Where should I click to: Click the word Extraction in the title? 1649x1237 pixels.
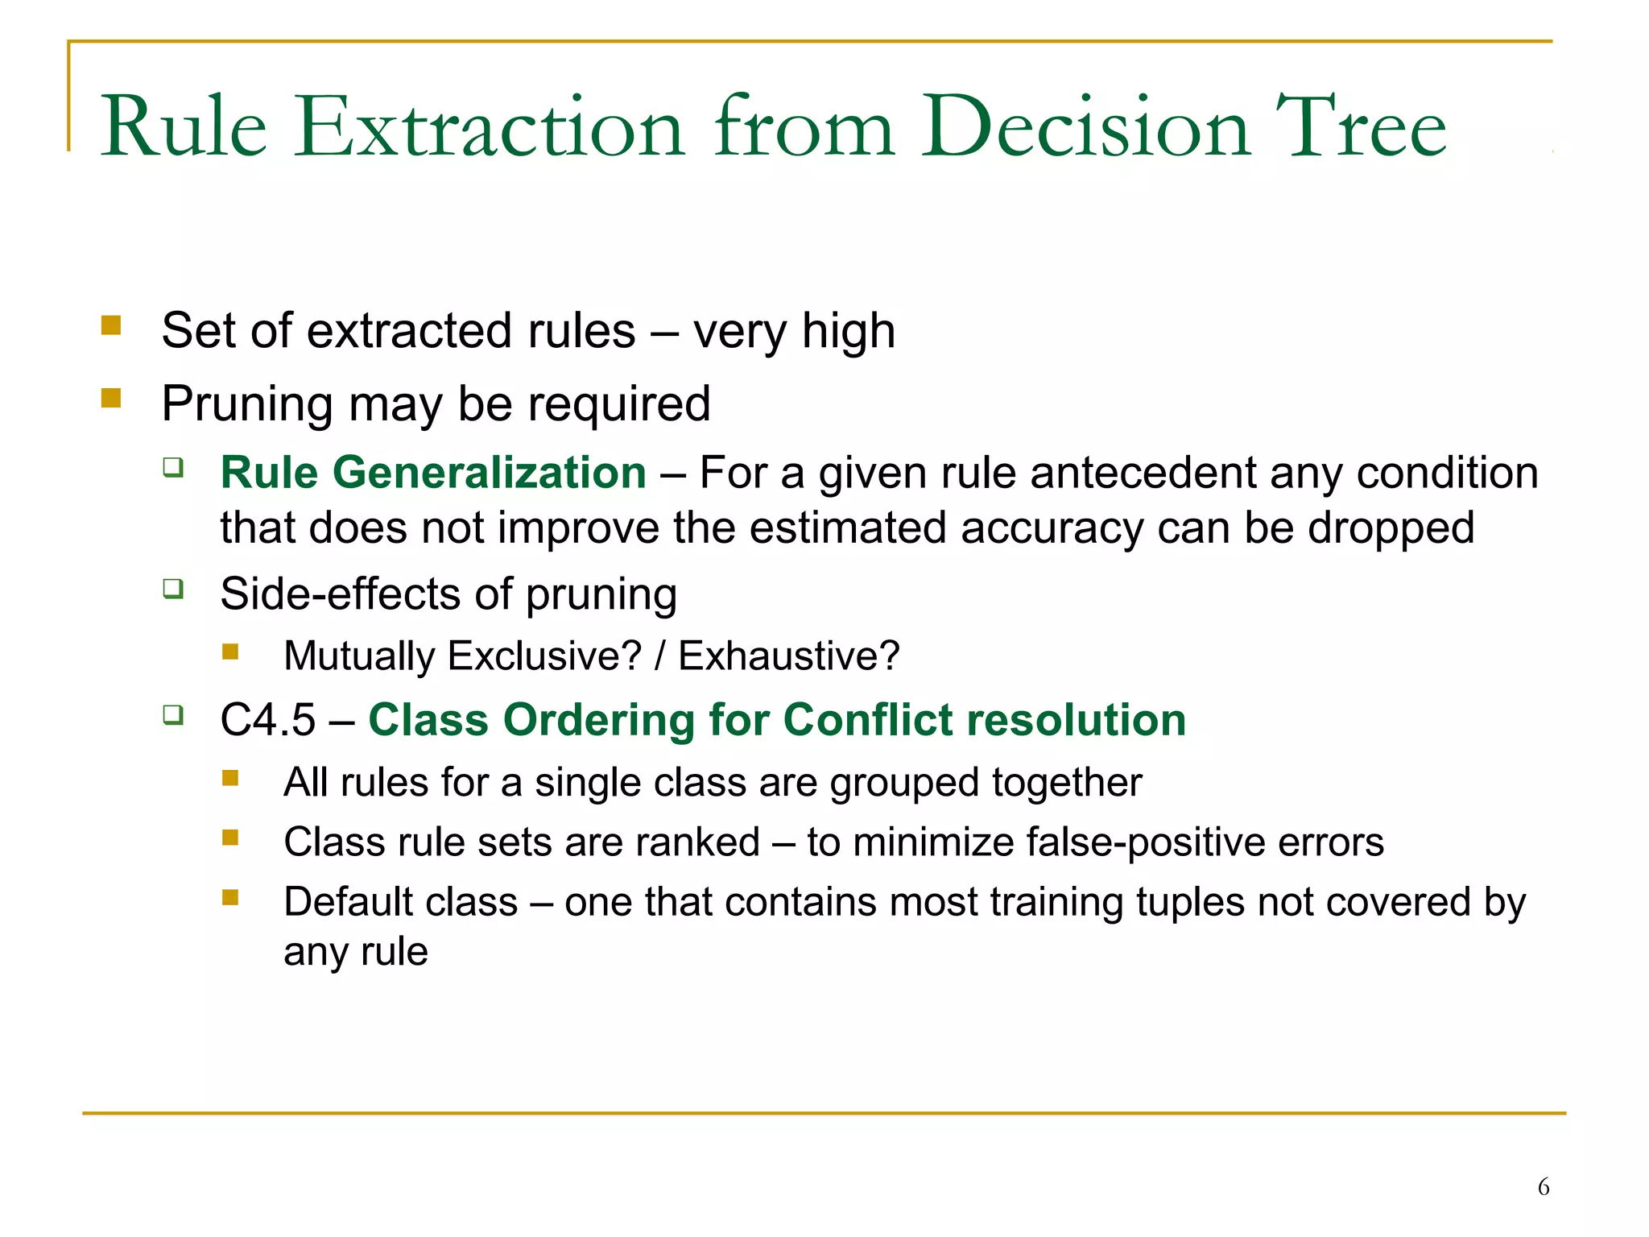[490, 127]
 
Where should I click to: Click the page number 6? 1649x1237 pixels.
[1543, 1186]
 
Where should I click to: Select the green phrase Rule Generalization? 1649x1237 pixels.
[433, 473]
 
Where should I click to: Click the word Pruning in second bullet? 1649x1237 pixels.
[246, 404]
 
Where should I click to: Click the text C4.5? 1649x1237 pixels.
[267, 720]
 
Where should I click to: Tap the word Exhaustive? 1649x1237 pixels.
[788, 656]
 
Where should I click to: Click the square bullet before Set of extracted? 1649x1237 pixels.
[111, 325]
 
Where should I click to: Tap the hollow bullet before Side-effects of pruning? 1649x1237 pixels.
[173, 589]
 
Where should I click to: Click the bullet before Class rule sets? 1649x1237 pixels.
[230, 838]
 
